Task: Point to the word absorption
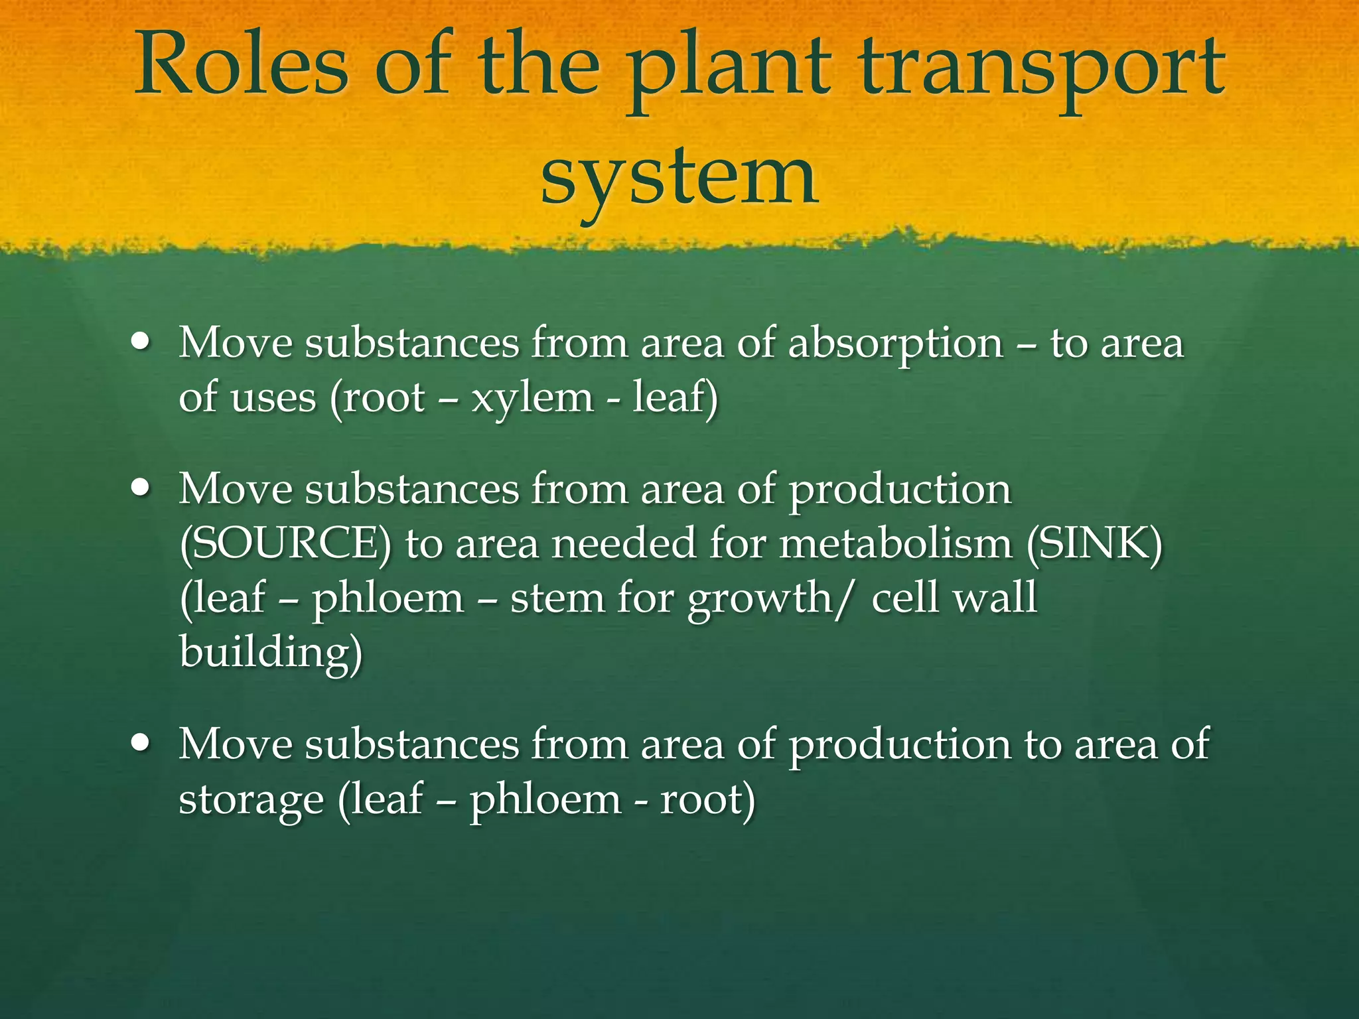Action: click(x=895, y=345)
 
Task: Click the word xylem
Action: click(x=532, y=399)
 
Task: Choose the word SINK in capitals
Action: click(x=1094, y=543)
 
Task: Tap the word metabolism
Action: click(x=896, y=543)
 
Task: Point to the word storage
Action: click(x=251, y=799)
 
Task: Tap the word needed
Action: click(x=624, y=543)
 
